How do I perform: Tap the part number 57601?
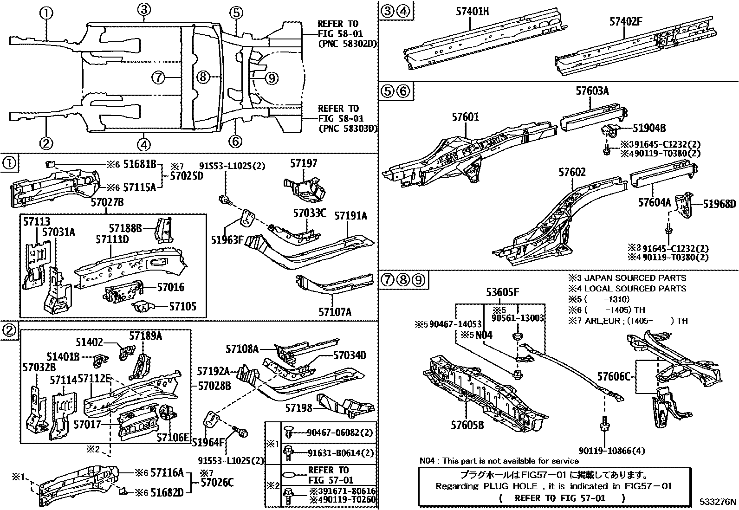465,117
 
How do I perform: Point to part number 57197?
304,163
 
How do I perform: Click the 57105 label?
182,306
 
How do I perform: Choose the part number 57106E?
173,437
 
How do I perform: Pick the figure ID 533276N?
718,502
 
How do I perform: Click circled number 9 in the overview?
271,78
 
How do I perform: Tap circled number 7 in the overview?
159,77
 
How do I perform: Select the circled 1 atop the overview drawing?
46,13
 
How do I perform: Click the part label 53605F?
502,292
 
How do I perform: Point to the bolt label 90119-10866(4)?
612,451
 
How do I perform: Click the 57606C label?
614,376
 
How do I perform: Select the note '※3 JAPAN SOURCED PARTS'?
627,278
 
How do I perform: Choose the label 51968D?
719,204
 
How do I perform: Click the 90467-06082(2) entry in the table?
339,433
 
